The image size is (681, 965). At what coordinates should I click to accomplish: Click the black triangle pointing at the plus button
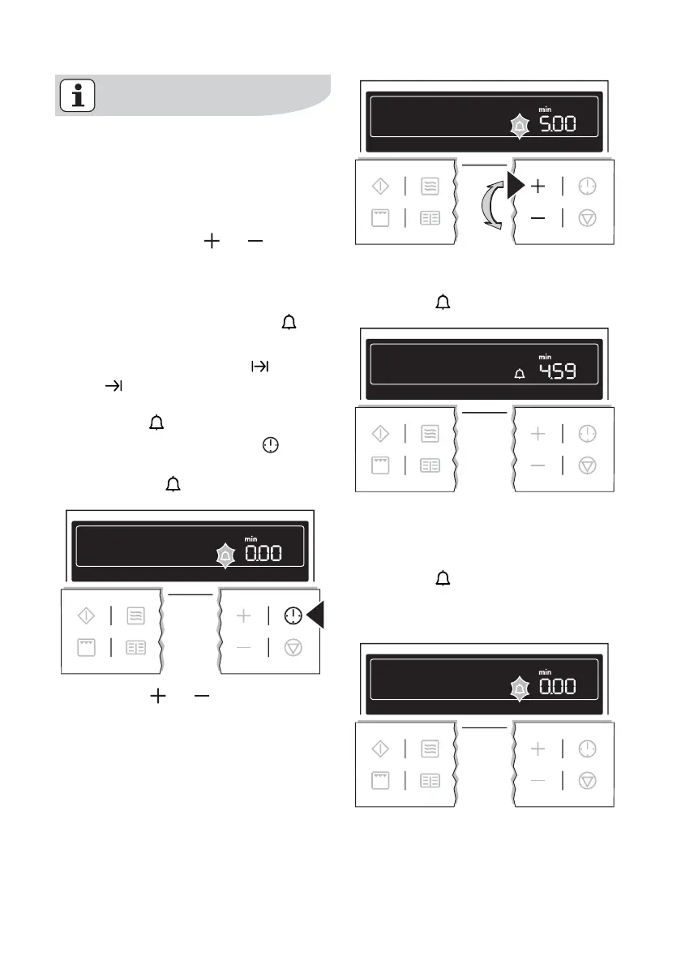[515, 186]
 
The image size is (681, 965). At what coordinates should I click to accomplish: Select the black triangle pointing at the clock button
[315, 615]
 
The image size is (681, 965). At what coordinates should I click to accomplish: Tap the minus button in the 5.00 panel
[538, 219]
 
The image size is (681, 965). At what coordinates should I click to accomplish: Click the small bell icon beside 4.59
[520, 373]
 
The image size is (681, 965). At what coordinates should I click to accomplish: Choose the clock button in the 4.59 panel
[587, 434]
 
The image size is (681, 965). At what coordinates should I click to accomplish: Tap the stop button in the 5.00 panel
[587, 219]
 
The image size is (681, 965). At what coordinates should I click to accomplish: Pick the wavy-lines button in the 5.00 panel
[430, 187]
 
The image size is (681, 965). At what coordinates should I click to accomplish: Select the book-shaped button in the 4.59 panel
[430, 466]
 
